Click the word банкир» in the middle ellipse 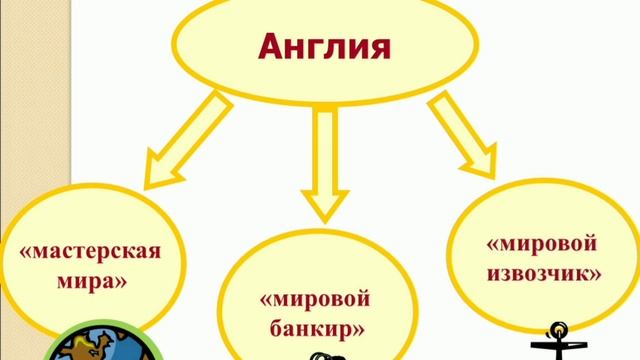(x=317, y=327)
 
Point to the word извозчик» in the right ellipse (x=543, y=271)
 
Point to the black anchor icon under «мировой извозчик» (x=558, y=340)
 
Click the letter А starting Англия (x=272, y=46)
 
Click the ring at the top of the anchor (x=558, y=327)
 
